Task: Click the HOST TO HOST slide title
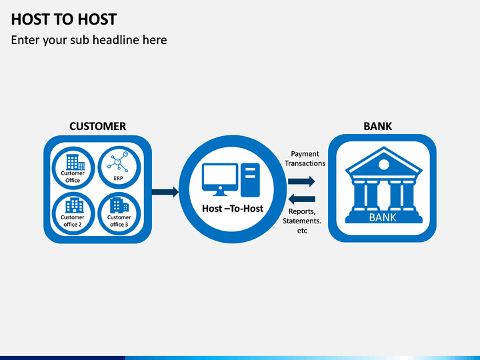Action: [x=64, y=19]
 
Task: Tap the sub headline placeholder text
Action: [x=89, y=40]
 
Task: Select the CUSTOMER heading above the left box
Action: [x=97, y=126]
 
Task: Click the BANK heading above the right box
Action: [x=377, y=126]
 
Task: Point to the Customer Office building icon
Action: [x=75, y=162]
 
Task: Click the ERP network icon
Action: [x=118, y=161]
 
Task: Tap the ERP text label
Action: [x=118, y=178]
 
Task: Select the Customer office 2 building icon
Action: [x=75, y=205]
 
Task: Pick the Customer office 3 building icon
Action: [x=119, y=205]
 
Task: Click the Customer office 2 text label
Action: [x=73, y=221]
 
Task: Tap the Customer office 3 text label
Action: [x=119, y=221]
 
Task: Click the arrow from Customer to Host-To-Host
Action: [x=165, y=192]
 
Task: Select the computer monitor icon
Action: [x=220, y=179]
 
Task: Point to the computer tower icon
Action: [x=250, y=180]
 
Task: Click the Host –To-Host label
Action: [x=233, y=209]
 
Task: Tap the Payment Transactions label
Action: [x=305, y=159]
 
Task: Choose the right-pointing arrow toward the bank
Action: [x=301, y=181]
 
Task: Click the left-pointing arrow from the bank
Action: [x=301, y=199]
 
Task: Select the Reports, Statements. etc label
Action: [x=302, y=221]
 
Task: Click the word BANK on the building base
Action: [x=383, y=217]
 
